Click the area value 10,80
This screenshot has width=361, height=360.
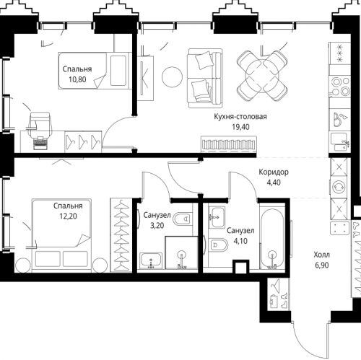tap(77, 79)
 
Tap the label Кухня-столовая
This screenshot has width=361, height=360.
tap(240, 117)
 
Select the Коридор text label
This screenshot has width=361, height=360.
tap(274, 172)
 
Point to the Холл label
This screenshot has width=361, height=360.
tap(321, 255)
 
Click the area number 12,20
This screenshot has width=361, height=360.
tap(69, 216)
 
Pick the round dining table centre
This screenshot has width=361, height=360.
tap(262, 76)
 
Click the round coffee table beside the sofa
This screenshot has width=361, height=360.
tap(172, 77)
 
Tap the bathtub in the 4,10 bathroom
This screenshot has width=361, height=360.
tap(272, 238)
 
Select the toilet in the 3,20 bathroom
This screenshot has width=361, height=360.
tap(183, 219)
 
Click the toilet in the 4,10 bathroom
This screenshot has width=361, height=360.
tap(218, 245)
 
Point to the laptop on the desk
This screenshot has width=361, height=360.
tap(40, 143)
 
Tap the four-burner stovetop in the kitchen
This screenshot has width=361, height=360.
tap(339, 87)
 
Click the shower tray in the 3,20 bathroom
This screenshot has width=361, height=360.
tap(181, 253)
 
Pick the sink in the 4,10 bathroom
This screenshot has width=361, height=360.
tap(217, 217)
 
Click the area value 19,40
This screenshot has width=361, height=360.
tap(240, 127)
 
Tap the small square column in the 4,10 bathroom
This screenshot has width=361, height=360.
tap(241, 267)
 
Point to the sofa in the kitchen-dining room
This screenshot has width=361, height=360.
tap(205, 78)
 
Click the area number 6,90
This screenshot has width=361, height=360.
tap(322, 265)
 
